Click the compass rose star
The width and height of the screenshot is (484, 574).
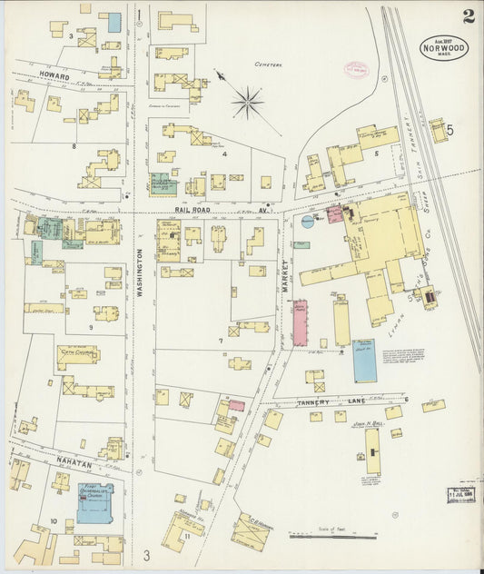pos(247,102)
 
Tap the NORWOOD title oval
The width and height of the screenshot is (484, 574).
pos(444,47)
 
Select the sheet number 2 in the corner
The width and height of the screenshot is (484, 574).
pos(468,15)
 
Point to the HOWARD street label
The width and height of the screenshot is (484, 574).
pos(54,76)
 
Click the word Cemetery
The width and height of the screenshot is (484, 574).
pos(269,64)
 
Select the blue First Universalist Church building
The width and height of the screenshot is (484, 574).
pos(94,503)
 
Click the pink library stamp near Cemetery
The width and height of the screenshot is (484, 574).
pos(354,68)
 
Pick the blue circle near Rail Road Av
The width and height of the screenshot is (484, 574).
pos(307,220)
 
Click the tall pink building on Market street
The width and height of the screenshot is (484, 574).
pos(300,322)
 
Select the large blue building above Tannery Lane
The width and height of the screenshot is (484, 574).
pos(364,360)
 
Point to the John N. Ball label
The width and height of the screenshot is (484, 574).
pos(368,423)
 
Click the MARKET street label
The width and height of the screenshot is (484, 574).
pos(283,272)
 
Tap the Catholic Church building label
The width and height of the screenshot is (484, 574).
pos(76,357)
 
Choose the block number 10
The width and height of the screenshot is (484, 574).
pos(54,521)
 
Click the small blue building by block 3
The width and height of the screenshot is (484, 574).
pos(114,22)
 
